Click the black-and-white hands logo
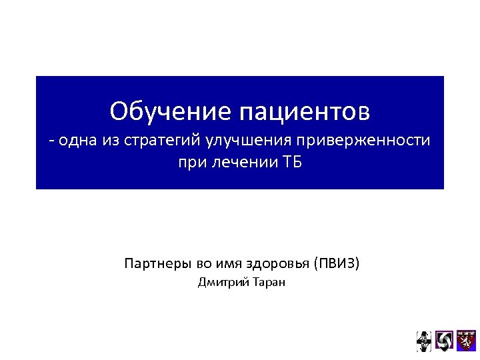coord(424,341)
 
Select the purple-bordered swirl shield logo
coord(444,340)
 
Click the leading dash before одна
coord(51,141)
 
